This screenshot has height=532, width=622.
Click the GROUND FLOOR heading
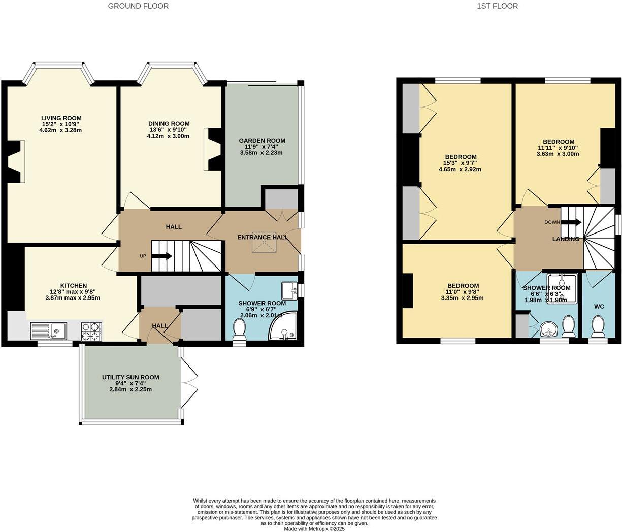138,6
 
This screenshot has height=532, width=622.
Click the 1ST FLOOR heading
497,6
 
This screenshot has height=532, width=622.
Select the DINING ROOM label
169,124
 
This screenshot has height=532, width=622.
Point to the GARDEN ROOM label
262,141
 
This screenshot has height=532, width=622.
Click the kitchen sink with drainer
48,331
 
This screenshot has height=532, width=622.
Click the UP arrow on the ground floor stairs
162,256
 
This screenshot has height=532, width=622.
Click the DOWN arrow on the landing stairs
571,222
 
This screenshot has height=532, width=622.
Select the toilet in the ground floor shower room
239,329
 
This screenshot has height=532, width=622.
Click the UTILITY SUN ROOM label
130,377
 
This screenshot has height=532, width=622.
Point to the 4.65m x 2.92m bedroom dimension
460,170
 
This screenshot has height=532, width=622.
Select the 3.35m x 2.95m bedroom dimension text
462,298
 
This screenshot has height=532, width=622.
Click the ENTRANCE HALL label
263,237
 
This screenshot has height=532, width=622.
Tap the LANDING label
566,239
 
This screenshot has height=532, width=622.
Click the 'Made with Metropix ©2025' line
314,528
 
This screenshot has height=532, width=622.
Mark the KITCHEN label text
74,286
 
